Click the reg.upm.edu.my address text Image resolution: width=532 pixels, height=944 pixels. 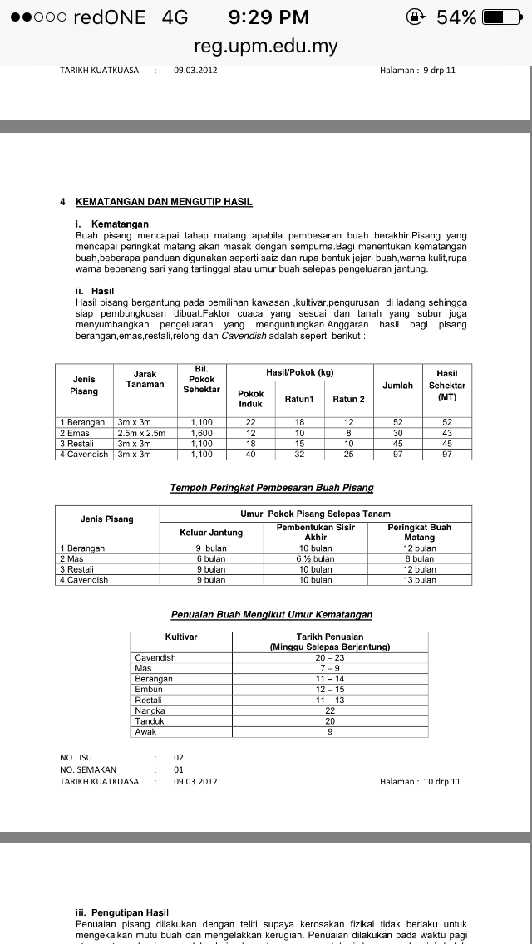point(266,46)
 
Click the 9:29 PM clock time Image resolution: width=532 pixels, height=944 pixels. point(268,17)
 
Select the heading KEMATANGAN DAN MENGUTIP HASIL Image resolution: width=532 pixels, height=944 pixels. point(164,202)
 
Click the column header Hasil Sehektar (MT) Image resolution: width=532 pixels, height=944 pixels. point(447,385)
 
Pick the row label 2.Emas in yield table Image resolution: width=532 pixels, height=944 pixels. point(75,433)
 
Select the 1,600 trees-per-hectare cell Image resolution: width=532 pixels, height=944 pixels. point(201,433)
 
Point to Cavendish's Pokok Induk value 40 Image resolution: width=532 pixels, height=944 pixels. point(250,455)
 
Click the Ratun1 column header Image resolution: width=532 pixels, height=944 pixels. point(299,399)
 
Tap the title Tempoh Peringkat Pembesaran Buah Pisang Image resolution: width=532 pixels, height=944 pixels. point(272,488)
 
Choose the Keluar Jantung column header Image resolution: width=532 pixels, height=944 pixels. point(211,532)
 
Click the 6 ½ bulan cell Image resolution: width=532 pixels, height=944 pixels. point(316,559)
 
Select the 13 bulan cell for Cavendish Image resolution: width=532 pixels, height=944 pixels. point(420,580)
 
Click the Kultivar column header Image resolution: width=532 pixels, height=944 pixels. point(180,637)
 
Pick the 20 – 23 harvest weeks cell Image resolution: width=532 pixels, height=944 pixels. point(330,657)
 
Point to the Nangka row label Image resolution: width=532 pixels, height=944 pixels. point(150,710)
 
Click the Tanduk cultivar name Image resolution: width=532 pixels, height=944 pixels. point(150,721)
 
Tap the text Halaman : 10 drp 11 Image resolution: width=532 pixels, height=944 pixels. point(420,781)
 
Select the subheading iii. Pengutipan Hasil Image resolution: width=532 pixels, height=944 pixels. point(121,912)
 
